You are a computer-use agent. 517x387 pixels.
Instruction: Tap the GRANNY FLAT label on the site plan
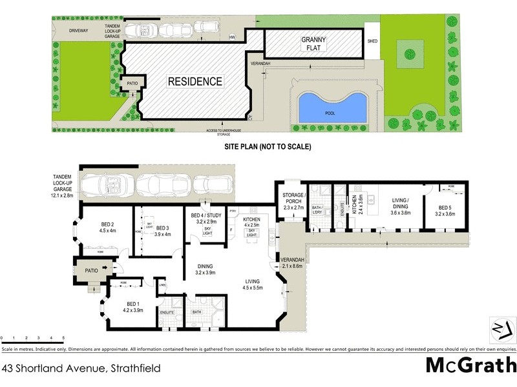pos(314,43)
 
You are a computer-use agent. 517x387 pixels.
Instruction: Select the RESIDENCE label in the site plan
pos(195,82)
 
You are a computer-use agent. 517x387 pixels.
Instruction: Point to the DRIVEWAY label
pos(74,30)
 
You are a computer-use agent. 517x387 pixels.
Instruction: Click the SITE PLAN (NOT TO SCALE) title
pos(268,147)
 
